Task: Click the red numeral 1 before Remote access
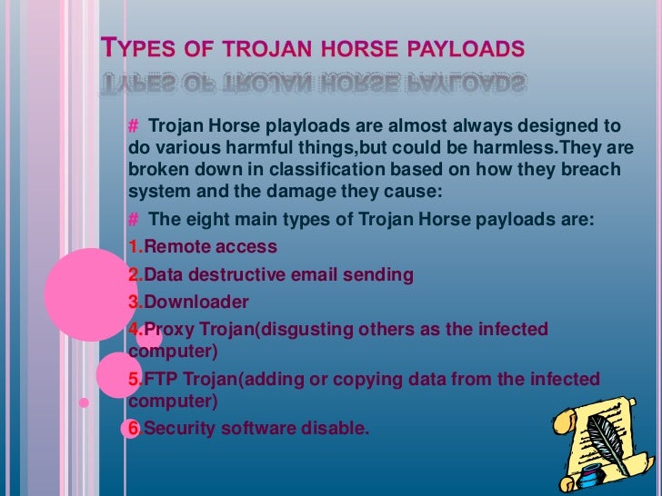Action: tap(134, 246)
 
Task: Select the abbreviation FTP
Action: tap(160, 378)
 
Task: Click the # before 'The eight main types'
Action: tap(134, 219)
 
